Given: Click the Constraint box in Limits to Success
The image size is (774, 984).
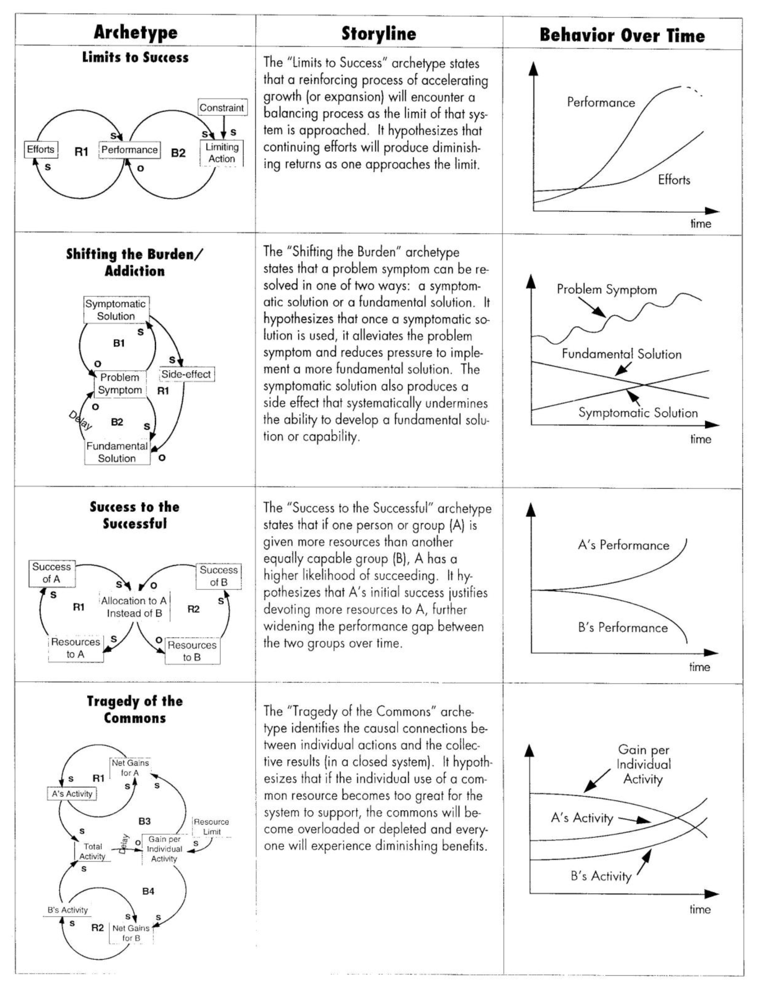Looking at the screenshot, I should click(x=222, y=108).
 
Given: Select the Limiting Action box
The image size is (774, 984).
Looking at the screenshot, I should click(x=221, y=153).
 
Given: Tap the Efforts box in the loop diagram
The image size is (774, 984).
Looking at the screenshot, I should click(x=41, y=150).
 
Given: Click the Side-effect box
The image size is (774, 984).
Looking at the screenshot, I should click(x=186, y=374).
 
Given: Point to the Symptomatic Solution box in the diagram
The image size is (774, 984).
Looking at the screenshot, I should click(x=116, y=310).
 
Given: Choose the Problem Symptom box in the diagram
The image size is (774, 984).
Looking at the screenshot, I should click(x=120, y=384).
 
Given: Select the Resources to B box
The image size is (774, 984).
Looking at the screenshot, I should click(x=192, y=651).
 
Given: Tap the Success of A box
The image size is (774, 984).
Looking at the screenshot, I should click(x=51, y=573).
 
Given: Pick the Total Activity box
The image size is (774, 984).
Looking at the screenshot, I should click(x=93, y=851).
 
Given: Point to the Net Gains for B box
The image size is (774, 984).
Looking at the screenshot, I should click(x=131, y=933).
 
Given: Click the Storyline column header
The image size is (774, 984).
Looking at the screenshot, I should click(x=379, y=33).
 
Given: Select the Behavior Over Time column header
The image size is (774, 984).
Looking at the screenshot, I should click(x=622, y=36).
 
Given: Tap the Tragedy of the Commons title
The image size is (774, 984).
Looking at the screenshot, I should click(x=135, y=709).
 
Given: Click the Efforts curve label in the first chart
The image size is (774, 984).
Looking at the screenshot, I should click(x=674, y=180).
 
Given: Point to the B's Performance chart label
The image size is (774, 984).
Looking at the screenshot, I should click(x=623, y=627).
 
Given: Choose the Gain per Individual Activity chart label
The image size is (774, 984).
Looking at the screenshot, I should click(x=643, y=764).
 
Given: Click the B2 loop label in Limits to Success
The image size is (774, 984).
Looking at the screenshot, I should click(x=178, y=153).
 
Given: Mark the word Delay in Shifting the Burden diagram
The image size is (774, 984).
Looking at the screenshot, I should click(x=81, y=420).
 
